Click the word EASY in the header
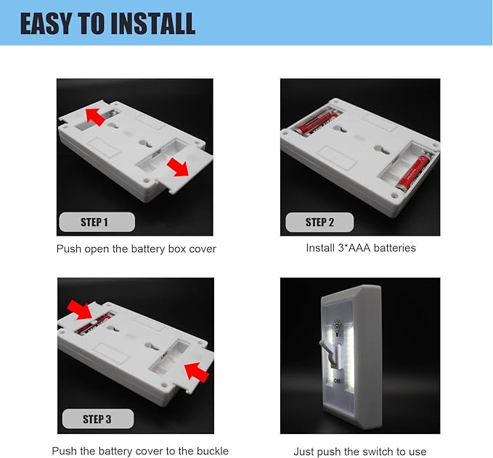46,23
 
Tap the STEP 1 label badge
97,222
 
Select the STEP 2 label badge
319,222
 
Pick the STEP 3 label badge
98,419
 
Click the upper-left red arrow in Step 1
96,117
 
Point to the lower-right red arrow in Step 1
178,167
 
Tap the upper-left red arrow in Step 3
80,310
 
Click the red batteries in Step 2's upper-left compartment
318,122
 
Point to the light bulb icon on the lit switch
337,329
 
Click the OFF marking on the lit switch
337,380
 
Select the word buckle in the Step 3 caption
213,451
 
